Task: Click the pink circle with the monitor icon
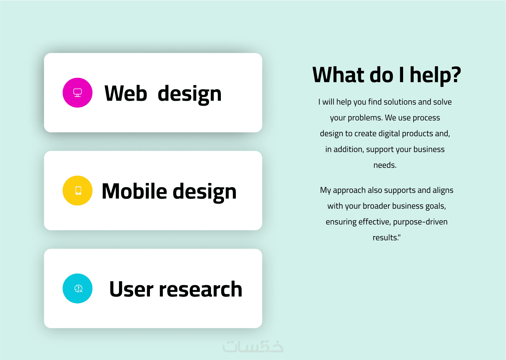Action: click(78, 93)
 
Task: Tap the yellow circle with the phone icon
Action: click(78, 190)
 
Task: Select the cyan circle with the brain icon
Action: click(78, 289)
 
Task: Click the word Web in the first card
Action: click(126, 93)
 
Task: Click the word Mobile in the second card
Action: click(134, 191)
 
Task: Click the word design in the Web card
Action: click(190, 95)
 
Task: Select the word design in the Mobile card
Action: click(205, 193)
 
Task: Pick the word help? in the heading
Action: click(435, 76)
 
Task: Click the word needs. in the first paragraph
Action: click(385, 165)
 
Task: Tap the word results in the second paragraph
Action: click(385, 237)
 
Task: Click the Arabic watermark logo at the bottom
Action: click(253, 346)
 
